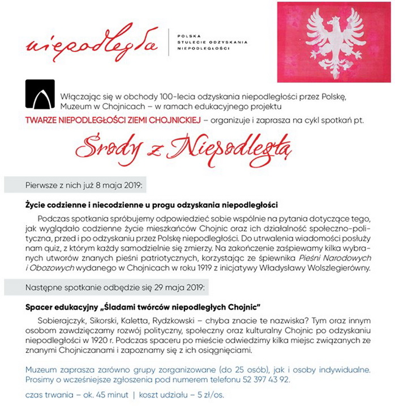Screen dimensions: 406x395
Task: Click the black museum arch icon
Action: [x=40, y=94]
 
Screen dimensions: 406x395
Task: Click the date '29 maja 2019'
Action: [x=178, y=287]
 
